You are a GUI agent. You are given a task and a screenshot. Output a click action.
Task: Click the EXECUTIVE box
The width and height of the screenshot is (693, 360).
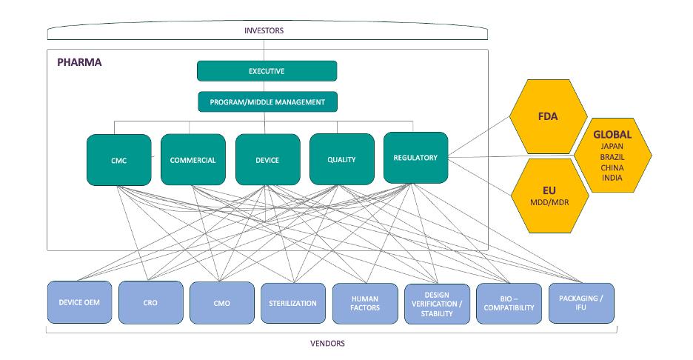[267, 71]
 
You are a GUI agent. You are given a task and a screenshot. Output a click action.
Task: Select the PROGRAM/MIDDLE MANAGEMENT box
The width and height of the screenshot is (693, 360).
[267, 101]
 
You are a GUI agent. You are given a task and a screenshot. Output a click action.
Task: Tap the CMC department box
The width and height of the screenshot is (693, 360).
[118, 160]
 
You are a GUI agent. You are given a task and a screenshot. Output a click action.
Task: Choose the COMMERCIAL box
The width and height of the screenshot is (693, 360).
[192, 159]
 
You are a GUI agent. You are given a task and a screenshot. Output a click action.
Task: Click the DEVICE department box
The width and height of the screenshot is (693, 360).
[267, 159]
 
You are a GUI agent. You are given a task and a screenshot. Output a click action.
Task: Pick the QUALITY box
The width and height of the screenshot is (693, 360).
[341, 159]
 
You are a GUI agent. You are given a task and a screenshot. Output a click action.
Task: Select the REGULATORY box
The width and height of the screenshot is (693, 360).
[415, 158]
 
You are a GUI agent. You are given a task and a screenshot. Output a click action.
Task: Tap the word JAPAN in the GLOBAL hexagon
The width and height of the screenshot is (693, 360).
[612, 147]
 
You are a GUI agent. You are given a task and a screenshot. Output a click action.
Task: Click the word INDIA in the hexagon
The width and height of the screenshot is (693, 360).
[612, 178]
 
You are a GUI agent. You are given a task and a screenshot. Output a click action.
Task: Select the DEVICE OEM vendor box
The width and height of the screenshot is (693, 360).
[79, 302]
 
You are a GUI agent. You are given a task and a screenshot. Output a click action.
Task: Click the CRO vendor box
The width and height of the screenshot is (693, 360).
[150, 302]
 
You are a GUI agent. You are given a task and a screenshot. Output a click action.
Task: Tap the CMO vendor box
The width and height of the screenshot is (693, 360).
[221, 303]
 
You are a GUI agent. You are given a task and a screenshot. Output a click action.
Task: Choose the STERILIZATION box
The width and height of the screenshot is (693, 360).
[293, 303]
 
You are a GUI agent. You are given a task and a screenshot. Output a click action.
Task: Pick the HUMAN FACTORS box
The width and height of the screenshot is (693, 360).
[365, 303]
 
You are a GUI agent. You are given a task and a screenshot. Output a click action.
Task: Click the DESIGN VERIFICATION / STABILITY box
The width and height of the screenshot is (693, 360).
[436, 303]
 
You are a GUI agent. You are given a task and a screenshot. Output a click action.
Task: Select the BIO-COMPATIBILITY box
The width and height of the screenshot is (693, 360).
[508, 303]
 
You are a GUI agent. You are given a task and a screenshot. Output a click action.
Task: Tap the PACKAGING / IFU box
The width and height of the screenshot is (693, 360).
[580, 302]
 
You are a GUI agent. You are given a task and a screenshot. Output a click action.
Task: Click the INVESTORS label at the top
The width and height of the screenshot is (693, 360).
[265, 30]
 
